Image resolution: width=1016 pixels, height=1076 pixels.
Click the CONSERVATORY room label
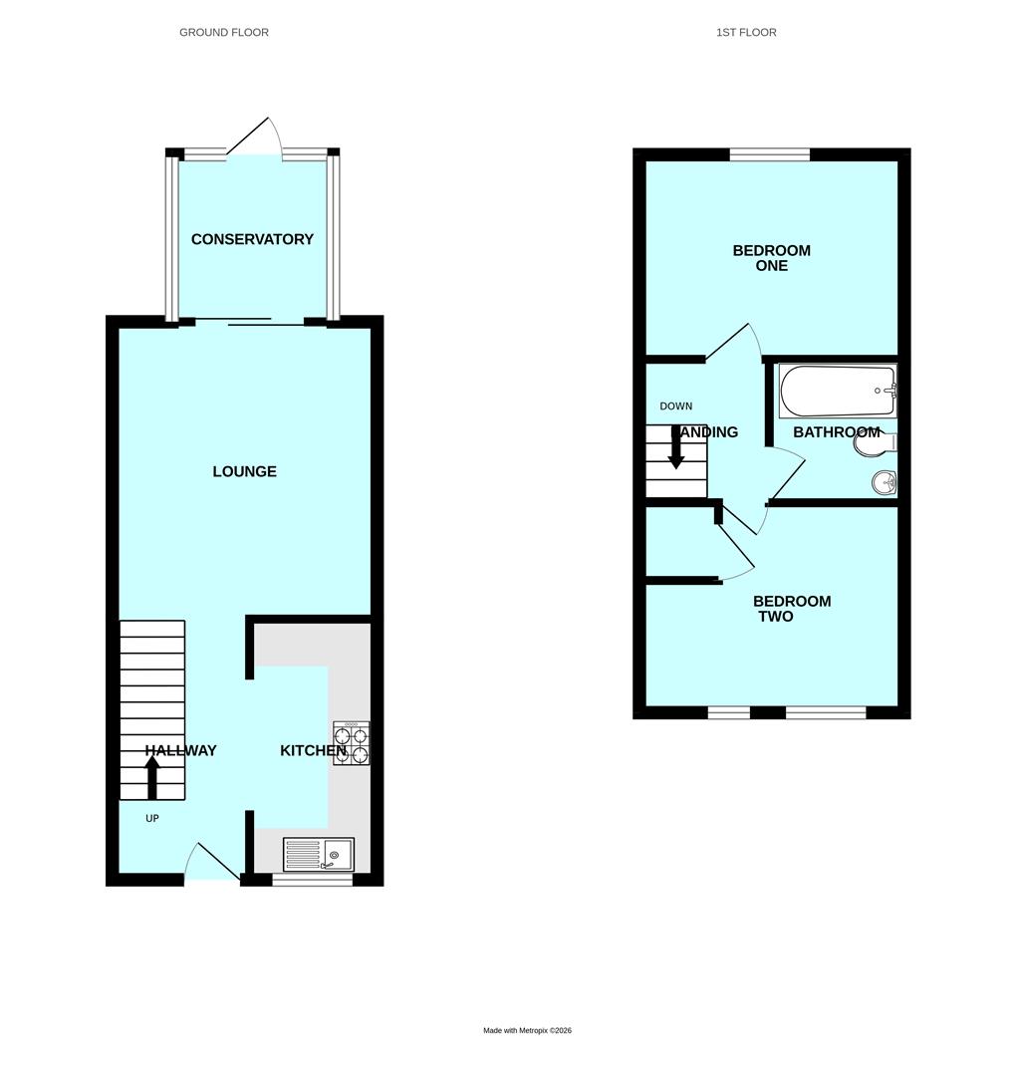[252, 239]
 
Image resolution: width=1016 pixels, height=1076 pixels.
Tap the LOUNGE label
[244, 471]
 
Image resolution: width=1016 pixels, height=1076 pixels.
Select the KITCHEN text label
[313, 750]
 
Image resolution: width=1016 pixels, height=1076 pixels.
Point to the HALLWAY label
[180, 750]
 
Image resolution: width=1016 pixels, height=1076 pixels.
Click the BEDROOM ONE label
[772, 258]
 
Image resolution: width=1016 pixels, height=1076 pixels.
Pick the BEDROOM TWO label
[791, 609]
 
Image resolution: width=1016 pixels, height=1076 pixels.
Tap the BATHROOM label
[836, 432]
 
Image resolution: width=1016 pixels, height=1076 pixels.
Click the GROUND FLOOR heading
[224, 32]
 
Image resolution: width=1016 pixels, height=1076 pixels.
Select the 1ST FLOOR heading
[746, 32]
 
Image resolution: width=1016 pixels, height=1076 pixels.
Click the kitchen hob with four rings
[352, 743]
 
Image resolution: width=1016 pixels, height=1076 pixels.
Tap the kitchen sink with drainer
[319, 855]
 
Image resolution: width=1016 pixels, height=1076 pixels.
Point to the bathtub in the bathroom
[838, 391]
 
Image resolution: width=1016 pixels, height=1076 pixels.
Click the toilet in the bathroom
[874, 442]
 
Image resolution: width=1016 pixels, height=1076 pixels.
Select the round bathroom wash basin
[885, 483]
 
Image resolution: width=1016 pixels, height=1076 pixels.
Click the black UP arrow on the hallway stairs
[152, 777]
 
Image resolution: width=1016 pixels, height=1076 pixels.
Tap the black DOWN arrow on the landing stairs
[676, 447]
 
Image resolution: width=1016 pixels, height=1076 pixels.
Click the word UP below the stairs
[152, 819]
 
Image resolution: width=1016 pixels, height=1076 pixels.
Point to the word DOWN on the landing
[675, 406]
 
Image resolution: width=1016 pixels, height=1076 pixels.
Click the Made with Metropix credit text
[527, 1030]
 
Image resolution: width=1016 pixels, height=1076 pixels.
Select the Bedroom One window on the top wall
[769, 154]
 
